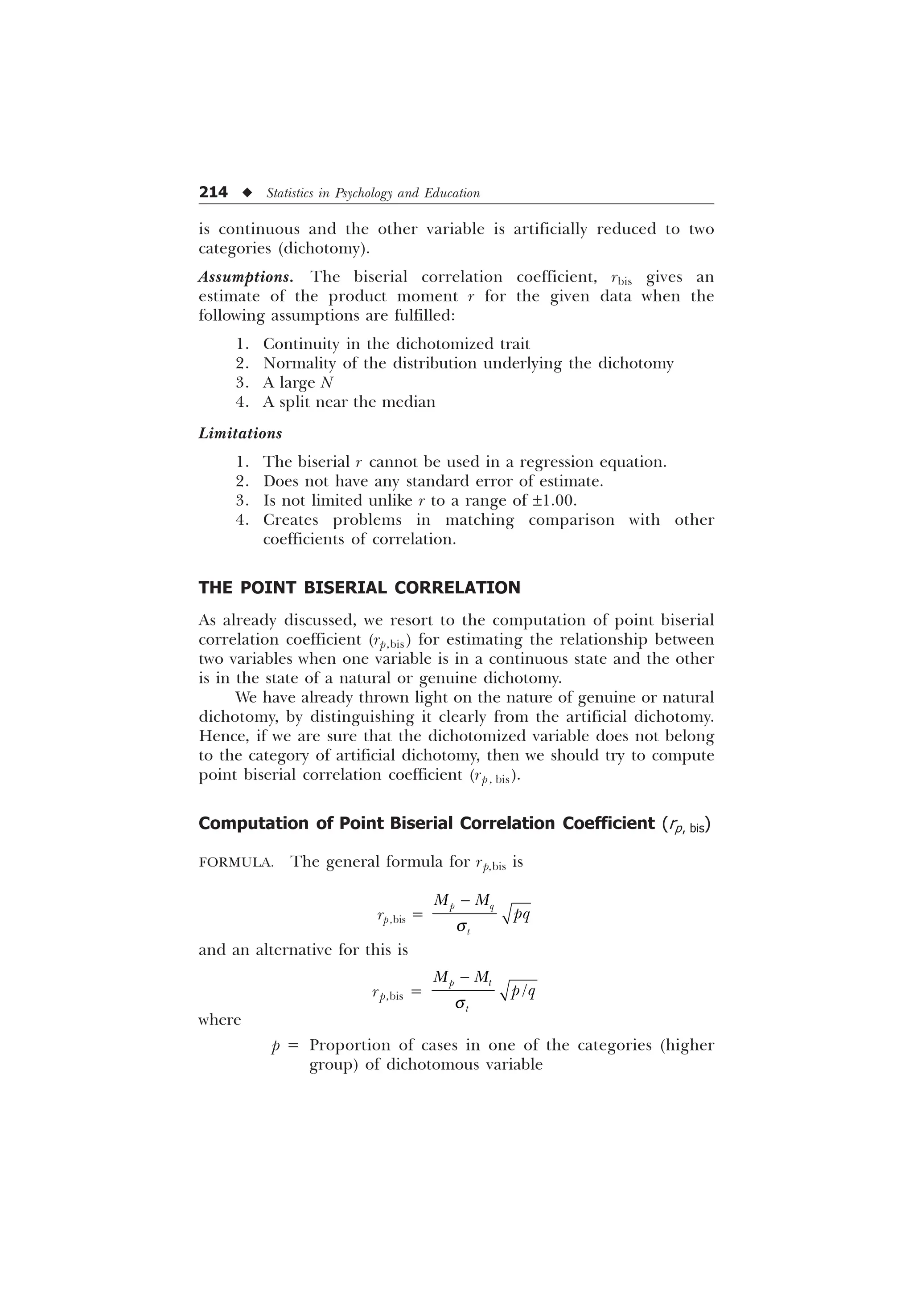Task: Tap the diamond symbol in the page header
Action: click(247, 193)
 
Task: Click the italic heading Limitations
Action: click(240, 433)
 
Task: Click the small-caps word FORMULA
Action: click(236, 862)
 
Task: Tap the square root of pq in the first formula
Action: click(516, 915)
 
